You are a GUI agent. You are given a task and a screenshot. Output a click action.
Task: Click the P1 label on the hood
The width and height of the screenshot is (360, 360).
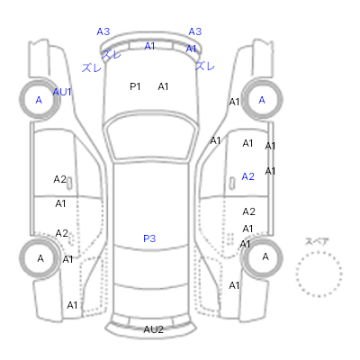pyautogui.click(x=135, y=86)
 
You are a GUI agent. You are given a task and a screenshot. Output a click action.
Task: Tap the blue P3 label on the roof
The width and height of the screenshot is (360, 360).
pyautogui.click(x=149, y=238)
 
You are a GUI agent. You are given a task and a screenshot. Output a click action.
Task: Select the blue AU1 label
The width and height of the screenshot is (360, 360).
pyautogui.click(x=62, y=92)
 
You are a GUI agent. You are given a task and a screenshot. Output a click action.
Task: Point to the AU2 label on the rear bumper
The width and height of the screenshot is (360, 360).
pyautogui.click(x=153, y=329)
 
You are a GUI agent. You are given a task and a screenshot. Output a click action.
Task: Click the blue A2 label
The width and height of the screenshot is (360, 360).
pyautogui.click(x=248, y=176)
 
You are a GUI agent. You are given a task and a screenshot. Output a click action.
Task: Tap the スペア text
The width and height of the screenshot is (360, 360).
pyautogui.click(x=317, y=241)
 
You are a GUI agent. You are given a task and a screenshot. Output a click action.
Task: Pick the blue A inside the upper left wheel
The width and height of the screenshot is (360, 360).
pyautogui.click(x=39, y=100)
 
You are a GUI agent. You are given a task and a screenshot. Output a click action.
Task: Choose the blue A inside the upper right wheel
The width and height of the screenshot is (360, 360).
pyautogui.click(x=262, y=100)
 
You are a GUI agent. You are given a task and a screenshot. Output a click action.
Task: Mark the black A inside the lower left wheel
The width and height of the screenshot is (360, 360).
pyautogui.click(x=40, y=258)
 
